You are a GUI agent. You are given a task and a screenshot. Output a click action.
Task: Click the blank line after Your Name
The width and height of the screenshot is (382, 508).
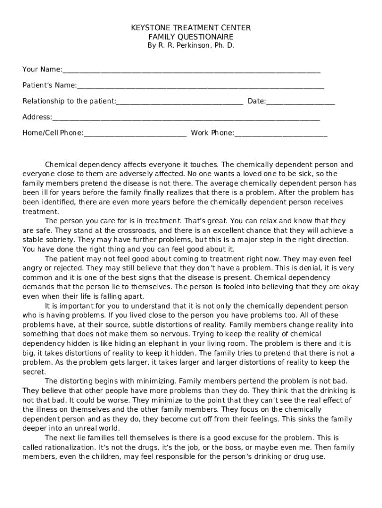(x=191, y=70)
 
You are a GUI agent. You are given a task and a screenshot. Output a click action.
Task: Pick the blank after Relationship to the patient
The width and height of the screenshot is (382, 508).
(x=179, y=103)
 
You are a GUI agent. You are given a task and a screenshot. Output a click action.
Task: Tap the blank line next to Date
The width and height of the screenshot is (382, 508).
(x=300, y=103)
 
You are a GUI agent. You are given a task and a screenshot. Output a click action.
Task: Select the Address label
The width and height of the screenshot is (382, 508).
(x=37, y=117)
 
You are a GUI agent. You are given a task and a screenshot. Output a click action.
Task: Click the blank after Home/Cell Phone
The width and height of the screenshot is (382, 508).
(x=135, y=134)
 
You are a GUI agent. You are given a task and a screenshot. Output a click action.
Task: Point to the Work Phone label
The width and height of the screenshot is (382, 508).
(x=212, y=133)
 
